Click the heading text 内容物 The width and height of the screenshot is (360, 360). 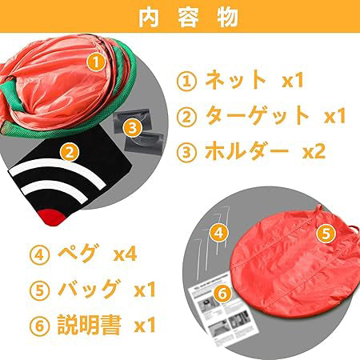pos(188,18)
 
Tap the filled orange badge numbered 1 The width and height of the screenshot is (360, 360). pos(96,62)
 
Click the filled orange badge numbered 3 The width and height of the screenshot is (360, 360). pos(133,128)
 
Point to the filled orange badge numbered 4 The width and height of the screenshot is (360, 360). pos(219,233)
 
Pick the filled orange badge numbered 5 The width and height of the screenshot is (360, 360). pos(326,234)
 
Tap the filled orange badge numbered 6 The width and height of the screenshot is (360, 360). pos(223,294)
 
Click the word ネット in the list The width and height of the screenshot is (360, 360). pos(236,79)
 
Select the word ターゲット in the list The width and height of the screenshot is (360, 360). pos(257,115)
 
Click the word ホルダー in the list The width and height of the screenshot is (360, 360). pos(246,151)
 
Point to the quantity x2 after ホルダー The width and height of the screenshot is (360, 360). pos(314,152)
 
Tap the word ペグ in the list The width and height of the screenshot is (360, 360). pos(77,253)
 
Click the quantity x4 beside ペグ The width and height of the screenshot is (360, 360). pos(126,254)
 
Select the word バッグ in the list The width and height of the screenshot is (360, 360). pos(88,289)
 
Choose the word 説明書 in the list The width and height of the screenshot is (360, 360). pos(90,325)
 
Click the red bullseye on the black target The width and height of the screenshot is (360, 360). pos(52,217)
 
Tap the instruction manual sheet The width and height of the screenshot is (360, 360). pos(223,310)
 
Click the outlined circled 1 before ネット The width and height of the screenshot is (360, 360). pos(186,81)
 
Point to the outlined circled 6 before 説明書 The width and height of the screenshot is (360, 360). pos(39,326)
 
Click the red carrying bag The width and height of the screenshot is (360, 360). pos(296,264)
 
